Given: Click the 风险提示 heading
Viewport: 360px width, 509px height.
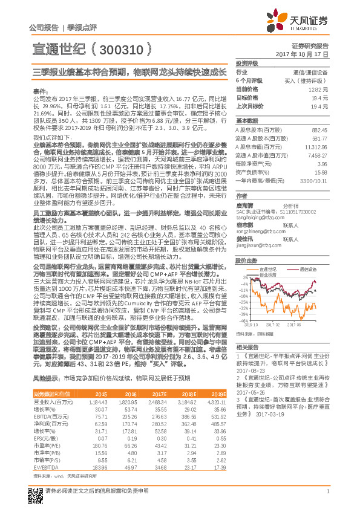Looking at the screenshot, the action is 45,377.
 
